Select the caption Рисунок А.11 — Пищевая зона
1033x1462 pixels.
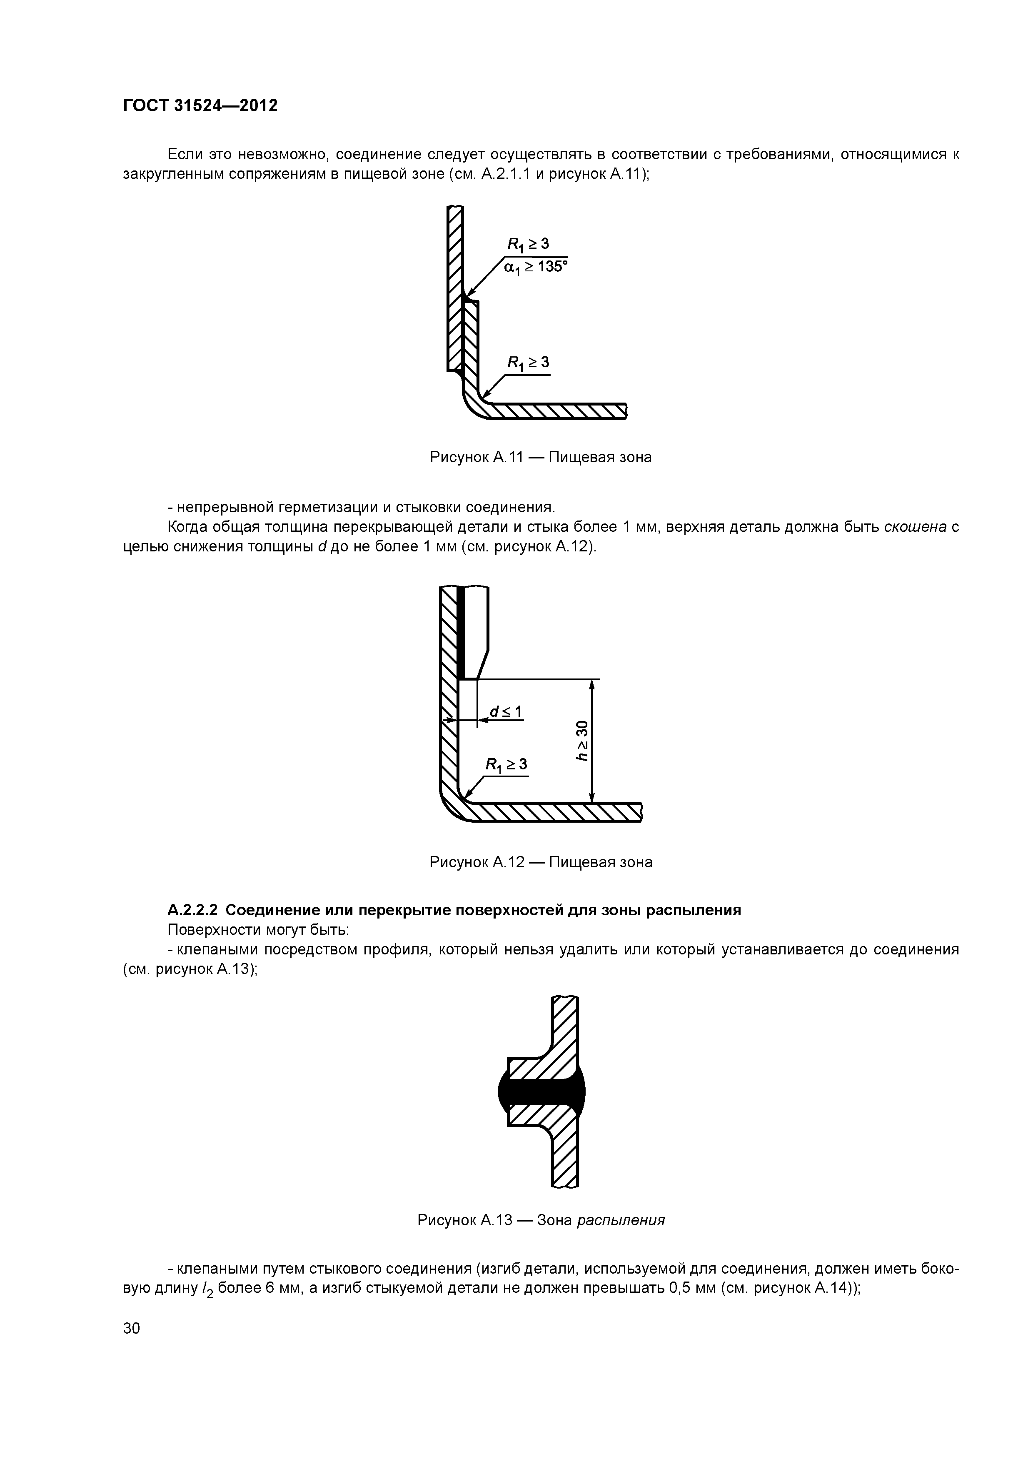click(540, 457)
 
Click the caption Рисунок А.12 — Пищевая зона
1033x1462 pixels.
click(540, 862)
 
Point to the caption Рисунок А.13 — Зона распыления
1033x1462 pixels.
click(540, 1220)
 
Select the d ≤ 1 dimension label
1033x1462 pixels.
click(506, 711)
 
